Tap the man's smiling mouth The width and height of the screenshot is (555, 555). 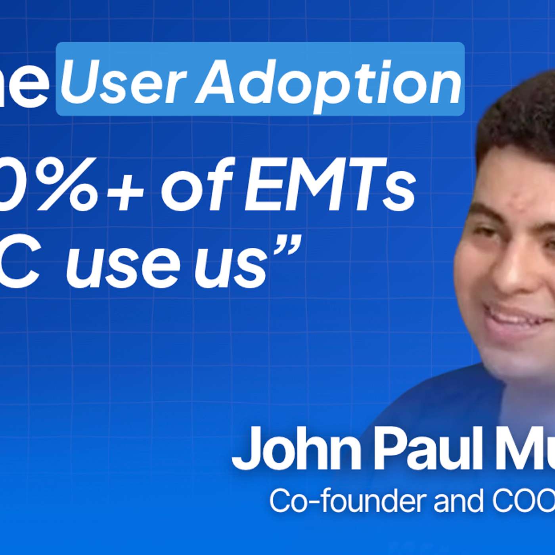point(515,317)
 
